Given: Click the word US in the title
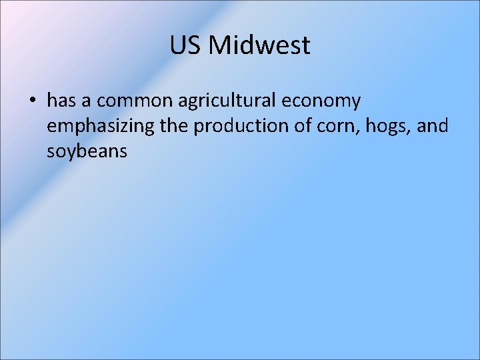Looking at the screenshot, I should pyautogui.click(x=185, y=45).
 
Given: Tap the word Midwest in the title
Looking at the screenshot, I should pyautogui.click(x=259, y=45).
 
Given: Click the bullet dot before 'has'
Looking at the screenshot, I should pyautogui.click(x=32, y=101).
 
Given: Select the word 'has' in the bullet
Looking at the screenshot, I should pyautogui.click(x=61, y=101).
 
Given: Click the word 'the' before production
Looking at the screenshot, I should pyautogui.click(x=173, y=126).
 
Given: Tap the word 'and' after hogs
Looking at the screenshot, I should pyautogui.click(x=433, y=126).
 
